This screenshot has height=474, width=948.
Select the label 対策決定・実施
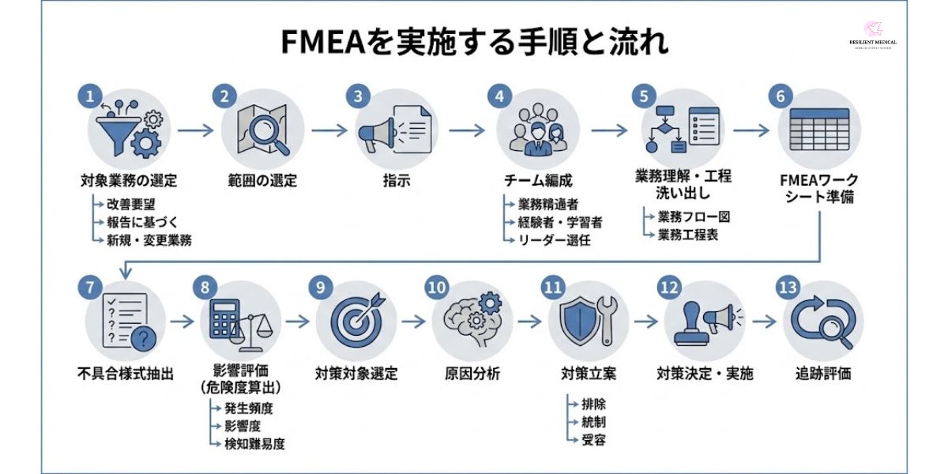(x=705, y=373)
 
